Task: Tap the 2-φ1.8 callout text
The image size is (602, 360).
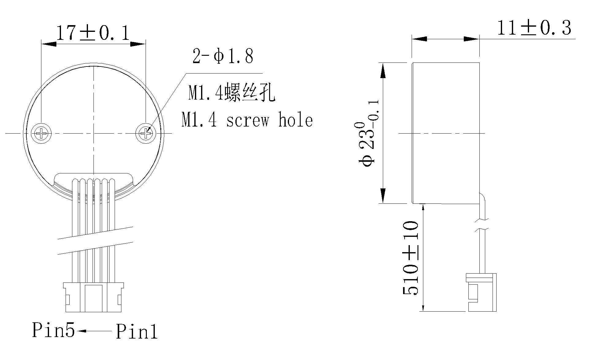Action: click(x=223, y=56)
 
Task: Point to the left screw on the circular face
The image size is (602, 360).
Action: click(x=41, y=133)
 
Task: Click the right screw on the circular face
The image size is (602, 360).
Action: click(x=145, y=133)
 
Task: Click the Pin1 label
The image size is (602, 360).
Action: click(x=137, y=332)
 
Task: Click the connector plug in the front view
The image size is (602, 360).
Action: click(x=93, y=297)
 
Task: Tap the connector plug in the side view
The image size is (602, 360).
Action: click(x=481, y=293)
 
